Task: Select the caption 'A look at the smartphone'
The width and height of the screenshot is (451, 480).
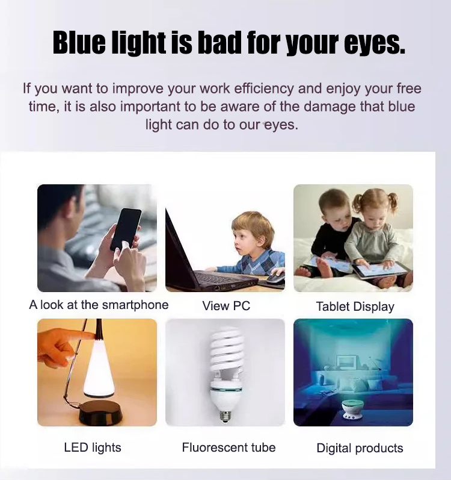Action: click(99, 305)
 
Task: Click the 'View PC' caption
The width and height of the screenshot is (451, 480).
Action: click(226, 306)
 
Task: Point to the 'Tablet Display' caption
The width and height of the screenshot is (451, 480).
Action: click(355, 307)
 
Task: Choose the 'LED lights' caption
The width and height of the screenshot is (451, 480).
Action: click(93, 447)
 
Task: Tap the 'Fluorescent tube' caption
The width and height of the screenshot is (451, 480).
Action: click(229, 447)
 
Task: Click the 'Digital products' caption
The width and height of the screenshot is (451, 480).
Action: click(360, 448)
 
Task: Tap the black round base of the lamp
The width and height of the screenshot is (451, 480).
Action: click(100, 413)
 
